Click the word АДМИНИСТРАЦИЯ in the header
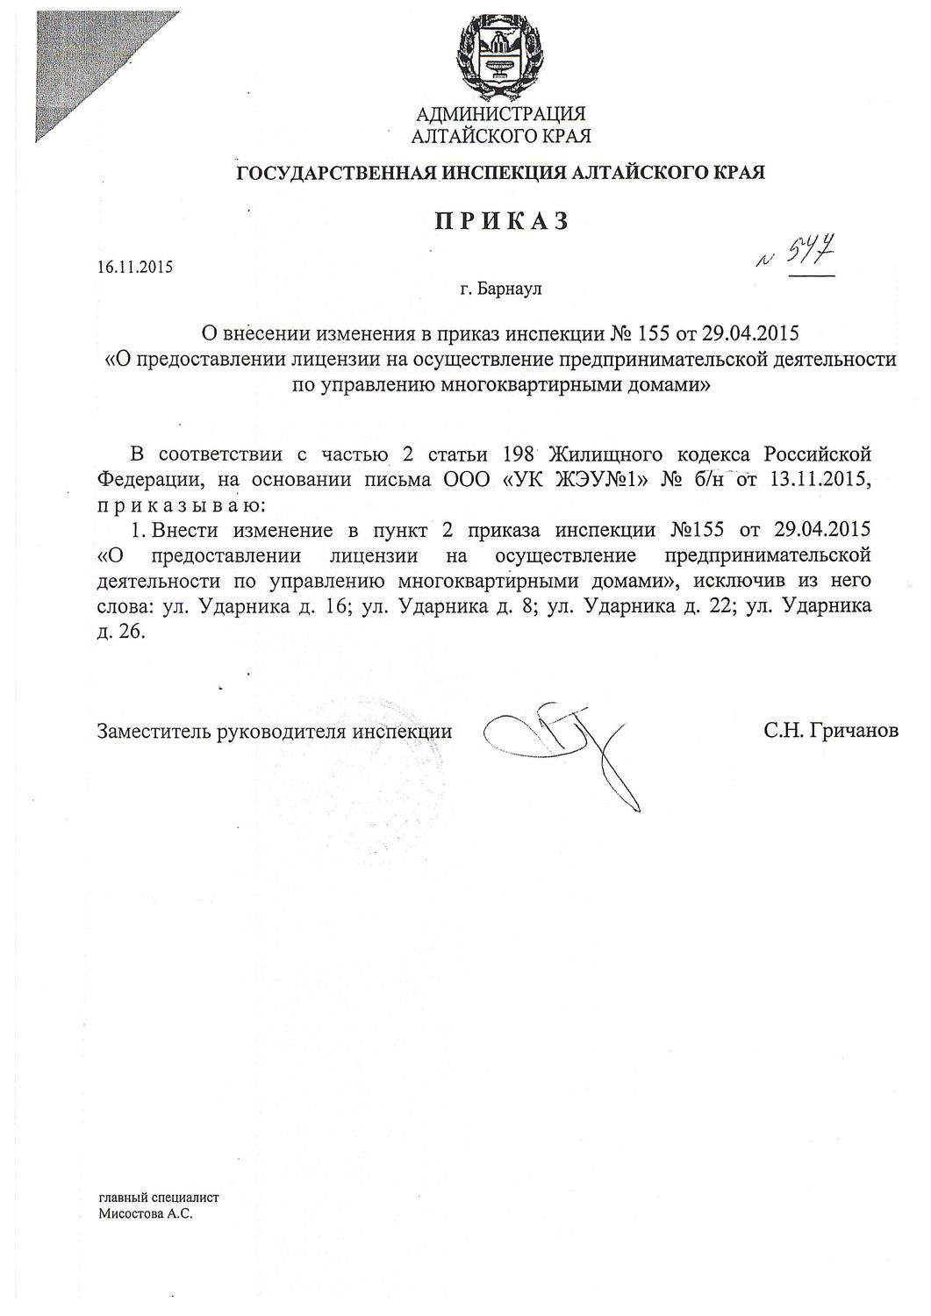pos(500,114)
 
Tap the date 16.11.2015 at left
pos(135,267)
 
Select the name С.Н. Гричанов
pos(831,730)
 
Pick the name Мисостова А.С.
pos(146,1215)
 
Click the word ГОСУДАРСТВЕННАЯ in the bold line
pos(336,172)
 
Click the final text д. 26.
pos(118,632)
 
